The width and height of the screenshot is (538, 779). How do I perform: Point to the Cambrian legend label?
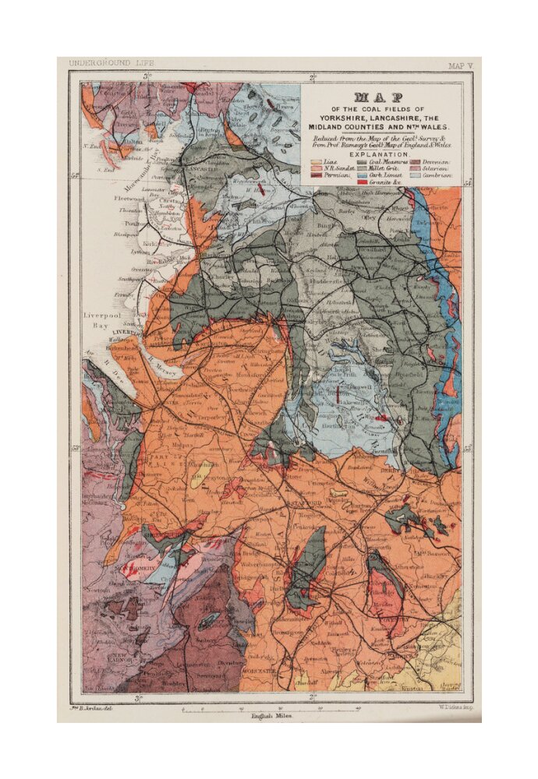click(x=441, y=176)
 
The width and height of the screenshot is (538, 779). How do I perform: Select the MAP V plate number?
click(x=459, y=66)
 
